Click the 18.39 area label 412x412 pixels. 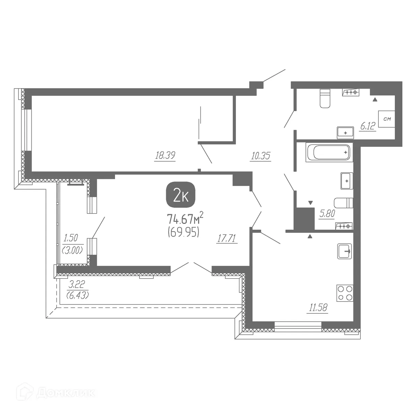(165, 156)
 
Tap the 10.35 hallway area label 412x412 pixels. (261, 156)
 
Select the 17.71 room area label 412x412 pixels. (227, 238)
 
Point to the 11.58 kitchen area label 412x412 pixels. (318, 307)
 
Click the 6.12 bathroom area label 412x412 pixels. (368, 126)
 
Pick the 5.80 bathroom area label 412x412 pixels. (327, 214)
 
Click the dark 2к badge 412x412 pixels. (181, 196)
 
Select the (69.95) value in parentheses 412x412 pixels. (183, 233)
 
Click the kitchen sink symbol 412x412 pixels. (344, 251)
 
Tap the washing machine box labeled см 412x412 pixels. (387, 119)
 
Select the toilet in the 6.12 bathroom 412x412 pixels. (325, 99)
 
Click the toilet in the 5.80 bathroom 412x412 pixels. (344, 203)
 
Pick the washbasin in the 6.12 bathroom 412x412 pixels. (345, 133)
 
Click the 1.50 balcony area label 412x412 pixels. (71, 238)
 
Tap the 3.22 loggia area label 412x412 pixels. (77, 284)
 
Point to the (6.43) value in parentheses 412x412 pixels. (78, 295)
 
